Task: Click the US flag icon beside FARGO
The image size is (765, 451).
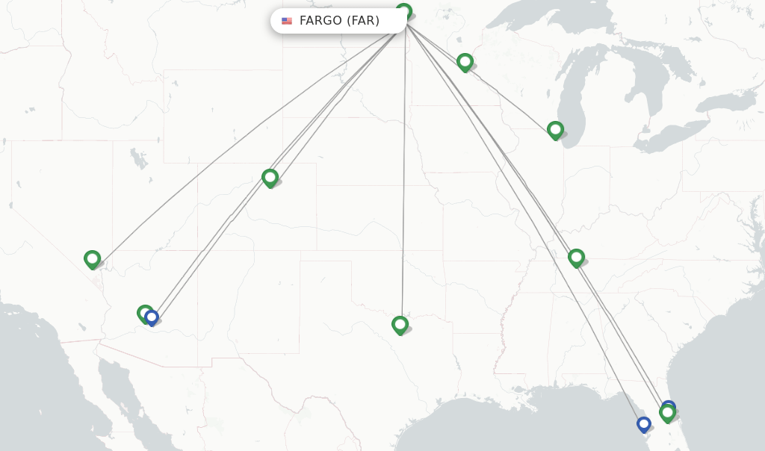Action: pyautogui.click(x=287, y=21)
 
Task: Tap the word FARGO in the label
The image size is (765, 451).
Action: pyautogui.click(x=320, y=21)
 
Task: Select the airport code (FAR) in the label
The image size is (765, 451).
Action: pyautogui.click(x=363, y=21)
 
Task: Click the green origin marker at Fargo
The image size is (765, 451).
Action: pyautogui.click(x=403, y=11)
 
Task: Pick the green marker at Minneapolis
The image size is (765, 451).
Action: pyautogui.click(x=465, y=61)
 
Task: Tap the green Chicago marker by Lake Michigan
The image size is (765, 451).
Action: pyautogui.click(x=555, y=130)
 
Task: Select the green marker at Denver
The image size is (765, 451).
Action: pyautogui.click(x=270, y=177)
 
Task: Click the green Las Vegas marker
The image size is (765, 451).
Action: pyautogui.click(x=93, y=259)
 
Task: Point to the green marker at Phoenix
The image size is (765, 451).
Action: pyautogui.click(x=144, y=313)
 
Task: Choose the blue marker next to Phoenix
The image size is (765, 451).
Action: pyautogui.click(x=152, y=317)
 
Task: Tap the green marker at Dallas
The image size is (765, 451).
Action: pyautogui.click(x=400, y=324)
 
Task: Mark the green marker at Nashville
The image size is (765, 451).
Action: pyautogui.click(x=575, y=258)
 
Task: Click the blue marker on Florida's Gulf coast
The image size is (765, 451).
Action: pyautogui.click(x=643, y=423)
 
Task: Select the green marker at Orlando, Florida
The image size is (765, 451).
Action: pyautogui.click(x=667, y=412)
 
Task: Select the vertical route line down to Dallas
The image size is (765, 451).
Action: pyautogui.click(x=403, y=187)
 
